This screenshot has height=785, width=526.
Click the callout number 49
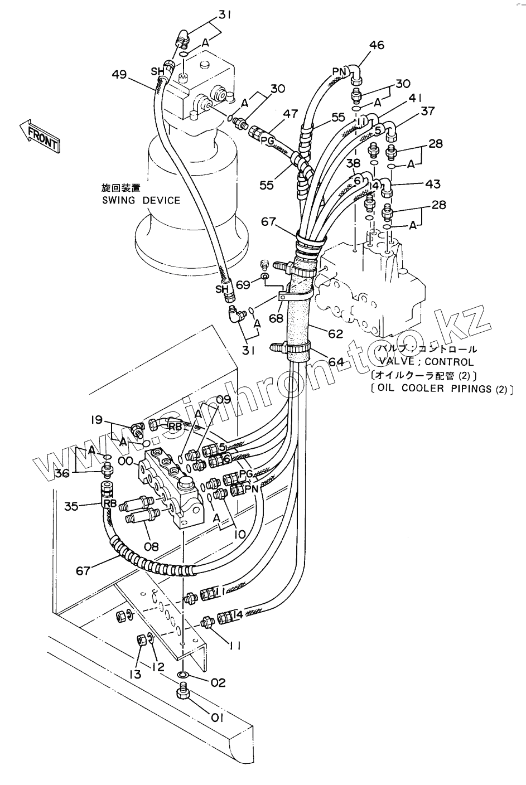pyautogui.click(x=119, y=74)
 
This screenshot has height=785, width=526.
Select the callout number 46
pyautogui.click(x=377, y=45)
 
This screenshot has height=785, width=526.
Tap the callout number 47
pyautogui.click(x=289, y=114)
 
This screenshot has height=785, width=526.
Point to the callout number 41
pyautogui.click(x=414, y=98)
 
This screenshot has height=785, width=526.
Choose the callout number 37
pyautogui.click(x=427, y=112)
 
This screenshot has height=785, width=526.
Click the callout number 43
pyautogui.click(x=432, y=183)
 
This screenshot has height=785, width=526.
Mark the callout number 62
pyautogui.click(x=335, y=334)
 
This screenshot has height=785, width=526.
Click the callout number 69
pyautogui.click(x=243, y=284)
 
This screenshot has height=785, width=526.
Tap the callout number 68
pyautogui.click(x=276, y=318)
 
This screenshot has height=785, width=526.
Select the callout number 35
pyautogui.click(x=71, y=506)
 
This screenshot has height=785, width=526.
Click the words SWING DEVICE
pyautogui.click(x=141, y=200)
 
